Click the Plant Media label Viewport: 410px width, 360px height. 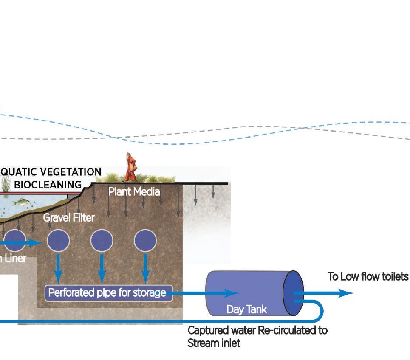pyautogui.click(x=134, y=191)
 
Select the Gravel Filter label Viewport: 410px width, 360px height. pyautogui.click(x=69, y=218)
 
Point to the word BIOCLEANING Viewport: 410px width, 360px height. pyautogui.click(x=48, y=185)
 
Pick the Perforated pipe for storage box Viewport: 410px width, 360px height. pyautogui.click(x=109, y=292)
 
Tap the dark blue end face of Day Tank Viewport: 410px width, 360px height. pyautogui.click(x=293, y=293)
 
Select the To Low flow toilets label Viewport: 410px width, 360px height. pyautogui.click(x=368, y=277)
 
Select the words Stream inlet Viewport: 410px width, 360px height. pyautogui.click(x=214, y=343)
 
